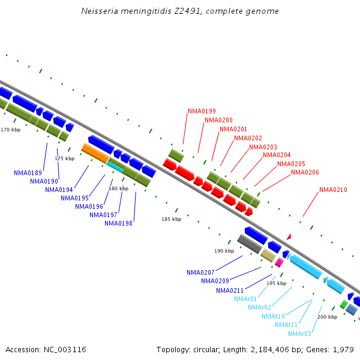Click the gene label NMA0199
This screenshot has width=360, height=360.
click(202, 111)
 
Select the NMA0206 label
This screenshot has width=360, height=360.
click(305, 173)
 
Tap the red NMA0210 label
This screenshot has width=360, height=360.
click(333, 190)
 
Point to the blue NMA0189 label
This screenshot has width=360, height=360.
click(28, 173)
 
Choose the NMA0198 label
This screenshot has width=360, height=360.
click(119, 224)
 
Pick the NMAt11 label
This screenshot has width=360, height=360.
click(286, 325)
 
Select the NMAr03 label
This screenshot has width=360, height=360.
click(299, 334)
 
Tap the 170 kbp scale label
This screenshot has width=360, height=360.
click(10, 130)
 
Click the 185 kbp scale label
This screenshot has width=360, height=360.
click(171, 220)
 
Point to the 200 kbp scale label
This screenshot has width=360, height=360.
click(327, 317)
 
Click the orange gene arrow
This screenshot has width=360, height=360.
click(95, 153)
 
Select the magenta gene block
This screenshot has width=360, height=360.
click(279, 262)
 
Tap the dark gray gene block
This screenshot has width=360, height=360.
click(249, 244)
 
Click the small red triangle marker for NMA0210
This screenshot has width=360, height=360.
click(289, 237)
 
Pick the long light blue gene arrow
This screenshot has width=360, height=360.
click(305, 266)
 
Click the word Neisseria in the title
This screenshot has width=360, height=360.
click(101, 11)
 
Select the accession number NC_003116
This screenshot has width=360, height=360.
click(64, 349)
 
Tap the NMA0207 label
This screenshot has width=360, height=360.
click(200, 272)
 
